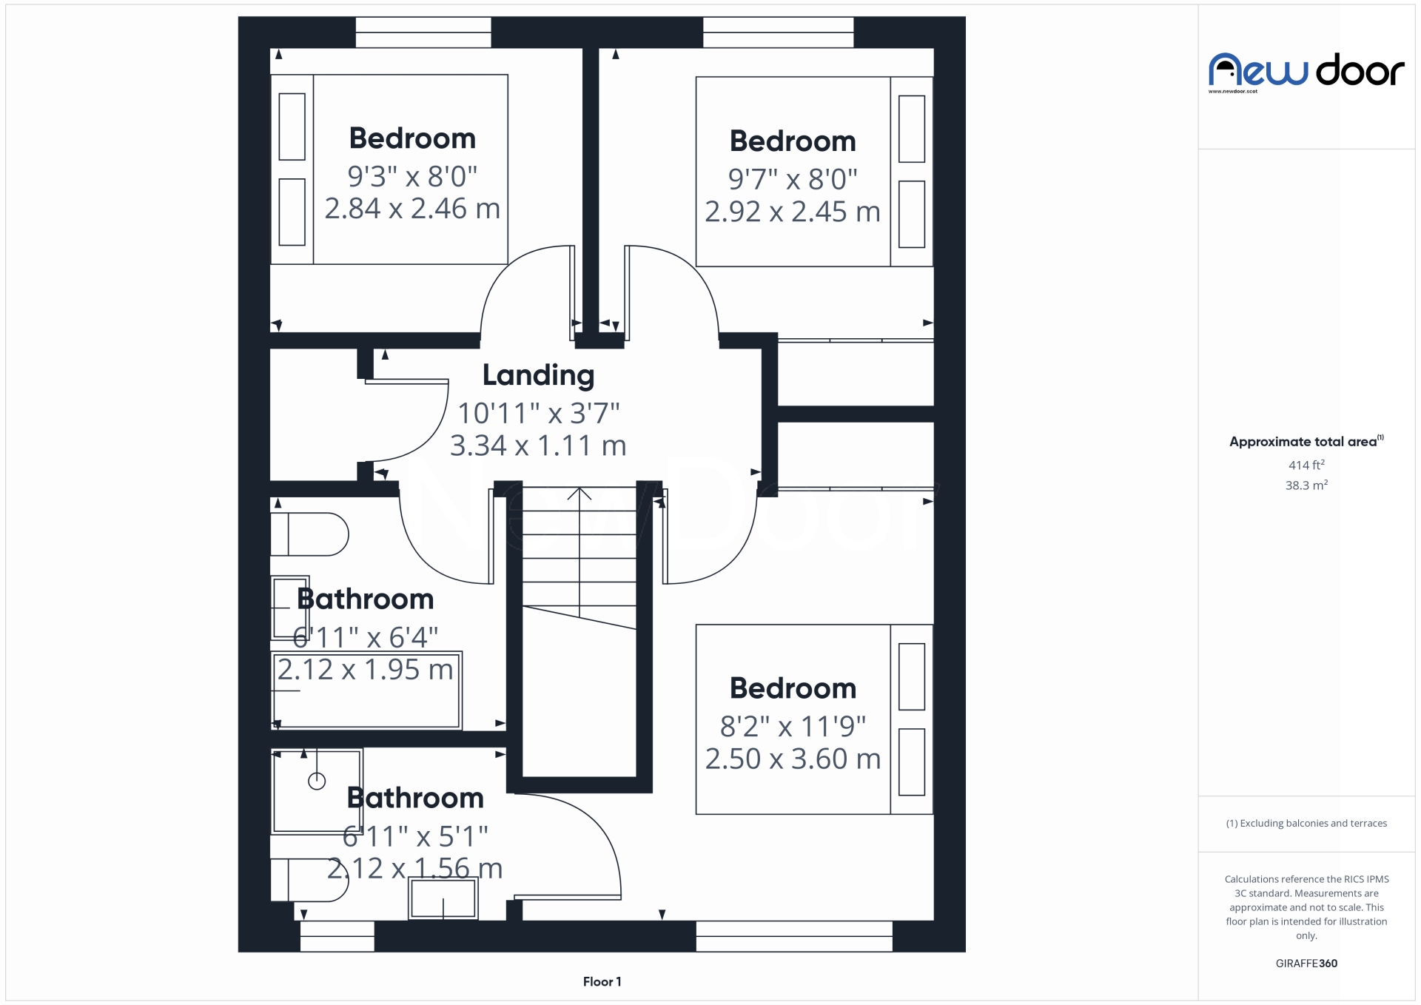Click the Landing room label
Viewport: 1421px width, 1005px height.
[x=538, y=375]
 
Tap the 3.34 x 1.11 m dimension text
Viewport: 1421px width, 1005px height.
[x=538, y=446]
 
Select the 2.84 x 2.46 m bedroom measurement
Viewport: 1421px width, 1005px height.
[x=412, y=209]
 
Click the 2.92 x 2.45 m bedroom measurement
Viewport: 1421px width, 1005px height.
[x=792, y=212]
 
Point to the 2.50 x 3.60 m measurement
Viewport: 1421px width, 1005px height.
[x=793, y=759]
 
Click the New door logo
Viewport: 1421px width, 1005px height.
[x=1306, y=72]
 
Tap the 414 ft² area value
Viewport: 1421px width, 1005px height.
[x=1306, y=465]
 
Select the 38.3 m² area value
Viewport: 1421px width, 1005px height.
[x=1306, y=485]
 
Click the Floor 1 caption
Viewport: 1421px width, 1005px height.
[x=602, y=981]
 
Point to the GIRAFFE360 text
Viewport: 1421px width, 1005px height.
[x=1306, y=963]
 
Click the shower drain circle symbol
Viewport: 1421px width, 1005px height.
[x=317, y=781]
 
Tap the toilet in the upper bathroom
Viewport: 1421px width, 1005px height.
[x=310, y=534]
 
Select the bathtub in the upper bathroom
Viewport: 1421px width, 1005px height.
[x=367, y=690]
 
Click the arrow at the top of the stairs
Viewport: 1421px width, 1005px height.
[x=580, y=493]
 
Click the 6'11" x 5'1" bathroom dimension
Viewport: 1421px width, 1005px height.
[x=415, y=836]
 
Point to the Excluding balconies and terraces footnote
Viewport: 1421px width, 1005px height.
[x=1306, y=823]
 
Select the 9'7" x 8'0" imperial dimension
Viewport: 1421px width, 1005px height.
[x=792, y=179]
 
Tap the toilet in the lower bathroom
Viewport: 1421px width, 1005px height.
[x=309, y=880]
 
